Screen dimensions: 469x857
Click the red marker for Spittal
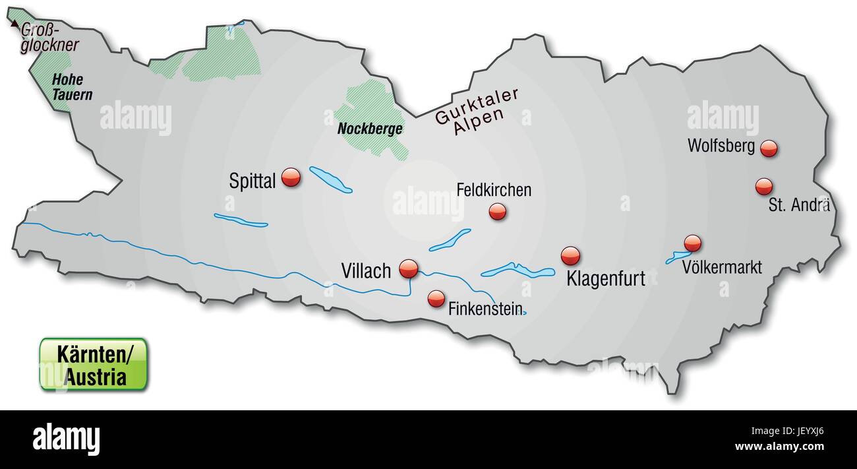pos(291,177)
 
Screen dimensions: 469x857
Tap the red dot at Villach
pos(409,268)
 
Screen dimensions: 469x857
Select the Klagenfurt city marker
pos(570,256)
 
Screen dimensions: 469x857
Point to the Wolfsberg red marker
pos(769,148)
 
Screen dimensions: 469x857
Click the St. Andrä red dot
pos(763,187)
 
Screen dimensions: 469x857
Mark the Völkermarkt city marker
pos(692,243)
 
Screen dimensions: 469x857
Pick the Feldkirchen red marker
pos(498,211)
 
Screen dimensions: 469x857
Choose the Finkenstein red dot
pos(436,299)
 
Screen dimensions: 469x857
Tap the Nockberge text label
pos(369,129)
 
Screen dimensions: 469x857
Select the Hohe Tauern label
pos(71,87)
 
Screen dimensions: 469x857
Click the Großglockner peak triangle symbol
pos(15,23)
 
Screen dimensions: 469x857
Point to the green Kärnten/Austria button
pos(94,365)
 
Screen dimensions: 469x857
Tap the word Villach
pos(366,270)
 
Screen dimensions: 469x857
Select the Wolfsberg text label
pos(721,146)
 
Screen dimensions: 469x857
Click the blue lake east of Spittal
pos(330,179)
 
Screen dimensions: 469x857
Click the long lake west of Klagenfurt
pos(518,270)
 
